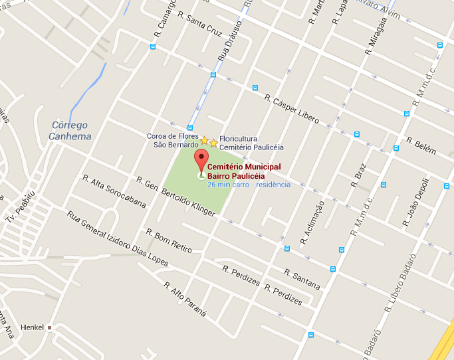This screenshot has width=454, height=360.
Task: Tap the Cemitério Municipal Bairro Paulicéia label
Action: click(x=244, y=171)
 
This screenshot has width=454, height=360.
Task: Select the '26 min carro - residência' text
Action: click(x=249, y=184)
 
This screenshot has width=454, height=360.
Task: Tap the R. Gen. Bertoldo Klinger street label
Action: click(x=175, y=197)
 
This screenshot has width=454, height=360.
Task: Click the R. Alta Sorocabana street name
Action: click(x=114, y=192)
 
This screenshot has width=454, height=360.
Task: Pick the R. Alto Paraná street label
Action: click(x=185, y=298)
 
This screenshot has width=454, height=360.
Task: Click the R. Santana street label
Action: click(x=302, y=279)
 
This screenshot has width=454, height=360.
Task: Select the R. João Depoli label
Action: click(x=414, y=199)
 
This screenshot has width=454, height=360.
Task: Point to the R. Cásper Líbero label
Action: click(x=292, y=110)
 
